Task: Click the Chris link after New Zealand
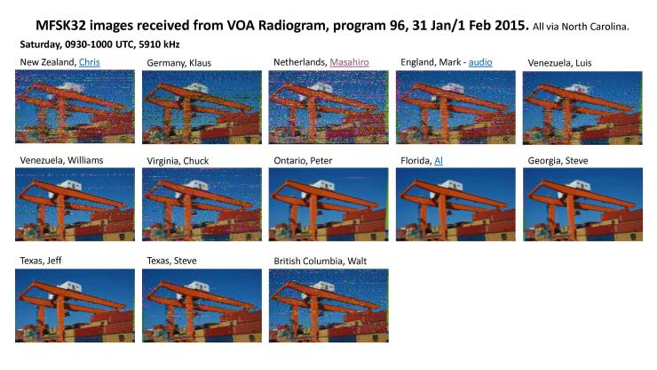tap(90, 62)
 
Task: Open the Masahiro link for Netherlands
tap(350, 62)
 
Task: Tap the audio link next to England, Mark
tap(480, 62)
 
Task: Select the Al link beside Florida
tap(439, 160)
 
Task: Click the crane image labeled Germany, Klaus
tap(202, 107)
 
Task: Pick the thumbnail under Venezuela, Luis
tap(582, 108)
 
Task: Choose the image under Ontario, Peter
tap(328, 205)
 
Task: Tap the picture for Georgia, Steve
tap(582, 205)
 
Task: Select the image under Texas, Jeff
tap(75, 305)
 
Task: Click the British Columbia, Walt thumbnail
tap(328, 305)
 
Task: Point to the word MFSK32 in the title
tap(60, 26)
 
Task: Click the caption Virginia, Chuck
tap(178, 161)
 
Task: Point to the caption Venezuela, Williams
tap(61, 160)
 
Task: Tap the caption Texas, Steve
tap(171, 261)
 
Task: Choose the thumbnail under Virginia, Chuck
tap(202, 205)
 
